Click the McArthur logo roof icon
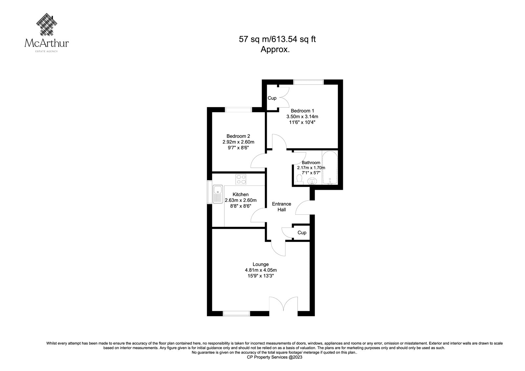(x=47, y=25)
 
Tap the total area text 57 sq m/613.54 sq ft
(x=277, y=39)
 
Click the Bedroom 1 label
(x=302, y=111)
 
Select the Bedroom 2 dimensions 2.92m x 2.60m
(x=238, y=142)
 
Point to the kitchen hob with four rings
(x=241, y=179)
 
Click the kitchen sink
(x=218, y=194)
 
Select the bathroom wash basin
(x=312, y=181)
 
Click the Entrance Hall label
(x=282, y=207)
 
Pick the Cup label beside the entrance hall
(x=302, y=233)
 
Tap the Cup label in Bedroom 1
(x=272, y=98)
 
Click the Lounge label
(x=261, y=264)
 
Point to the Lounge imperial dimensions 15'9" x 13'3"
(x=261, y=276)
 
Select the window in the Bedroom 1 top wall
(x=308, y=82)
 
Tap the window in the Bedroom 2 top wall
(x=238, y=110)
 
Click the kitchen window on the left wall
(x=209, y=192)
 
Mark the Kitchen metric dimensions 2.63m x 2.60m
(x=241, y=200)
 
